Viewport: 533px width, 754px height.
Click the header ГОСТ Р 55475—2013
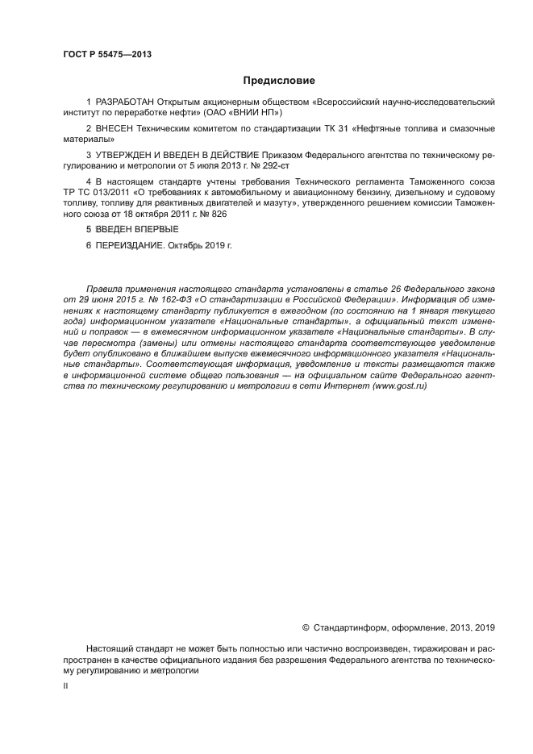106,55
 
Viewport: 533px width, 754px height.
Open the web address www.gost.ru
399,386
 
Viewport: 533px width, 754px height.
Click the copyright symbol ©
306,627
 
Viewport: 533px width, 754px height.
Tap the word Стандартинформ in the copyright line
346,627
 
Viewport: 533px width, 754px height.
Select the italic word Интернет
349,386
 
